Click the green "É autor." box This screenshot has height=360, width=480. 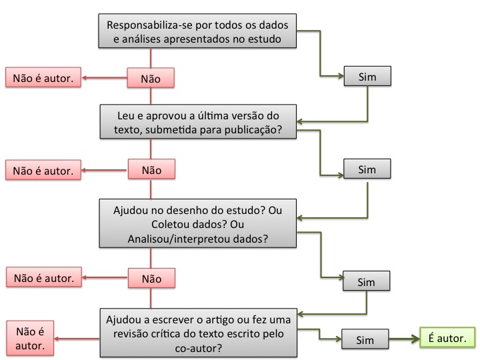tap(447, 337)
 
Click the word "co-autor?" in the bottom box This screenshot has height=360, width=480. tap(199, 348)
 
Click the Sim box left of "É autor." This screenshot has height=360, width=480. tap(365, 339)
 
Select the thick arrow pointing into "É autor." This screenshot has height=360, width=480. tap(405, 339)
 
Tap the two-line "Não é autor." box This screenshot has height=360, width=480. tap(30, 338)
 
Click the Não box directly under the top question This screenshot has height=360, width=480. tap(151, 78)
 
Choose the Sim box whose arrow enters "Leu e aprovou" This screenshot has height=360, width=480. tap(367, 76)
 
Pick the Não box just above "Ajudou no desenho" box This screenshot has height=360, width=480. tap(151, 169)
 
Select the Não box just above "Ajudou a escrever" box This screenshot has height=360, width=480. tap(151, 278)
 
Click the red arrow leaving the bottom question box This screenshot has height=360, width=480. tap(77, 339)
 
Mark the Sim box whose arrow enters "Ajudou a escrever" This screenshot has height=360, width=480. tap(366, 281)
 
